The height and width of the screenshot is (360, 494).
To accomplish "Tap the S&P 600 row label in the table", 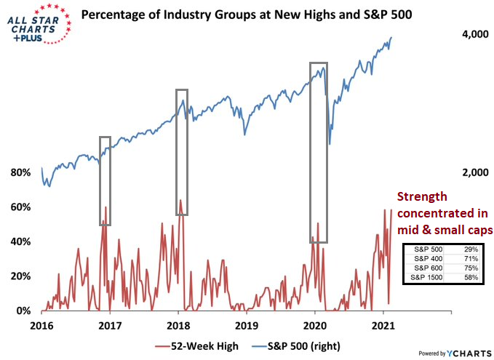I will (426, 268).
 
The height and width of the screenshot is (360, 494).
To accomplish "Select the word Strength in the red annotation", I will (421, 196).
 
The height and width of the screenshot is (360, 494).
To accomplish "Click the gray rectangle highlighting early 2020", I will (318, 153).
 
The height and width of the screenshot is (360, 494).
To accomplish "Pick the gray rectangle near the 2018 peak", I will (181, 152).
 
